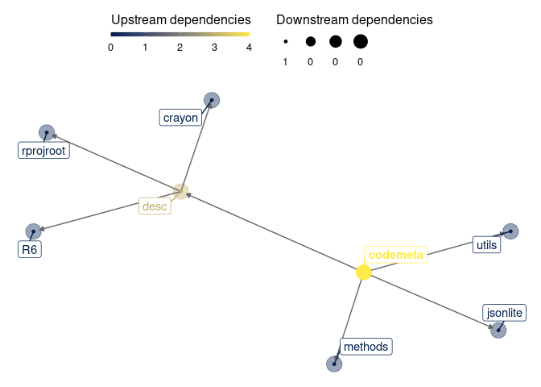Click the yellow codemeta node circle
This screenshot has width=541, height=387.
tap(363, 273)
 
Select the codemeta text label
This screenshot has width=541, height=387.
tap(394, 255)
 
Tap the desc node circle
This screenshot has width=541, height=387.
tap(181, 192)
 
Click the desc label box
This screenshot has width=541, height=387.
tap(155, 206)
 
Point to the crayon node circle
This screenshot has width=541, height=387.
tap(212, 100)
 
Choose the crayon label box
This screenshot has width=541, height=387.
tap(180, 118)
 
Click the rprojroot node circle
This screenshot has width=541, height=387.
tap(47, 132)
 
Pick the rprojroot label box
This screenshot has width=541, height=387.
tap(44, 150)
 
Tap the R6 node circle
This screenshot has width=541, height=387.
tap(33, 232)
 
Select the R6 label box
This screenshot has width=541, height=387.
tap(30, 250)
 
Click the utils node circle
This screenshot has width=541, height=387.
tap(510, 231)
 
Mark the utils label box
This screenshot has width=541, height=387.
tap(486, 244)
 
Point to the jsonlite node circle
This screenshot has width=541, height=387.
tap(498, 330)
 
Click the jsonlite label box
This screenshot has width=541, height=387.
tap(504, 312)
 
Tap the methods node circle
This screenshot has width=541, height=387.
tap(334, 364)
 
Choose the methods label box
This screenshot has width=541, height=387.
tap(365, 347)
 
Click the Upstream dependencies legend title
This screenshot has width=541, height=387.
tap(180, 19)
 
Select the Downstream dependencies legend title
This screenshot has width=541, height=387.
tap(354, 19)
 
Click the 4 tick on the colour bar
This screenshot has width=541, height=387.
tap(249, 47)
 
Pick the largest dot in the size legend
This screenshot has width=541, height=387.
tap(360, 41)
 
